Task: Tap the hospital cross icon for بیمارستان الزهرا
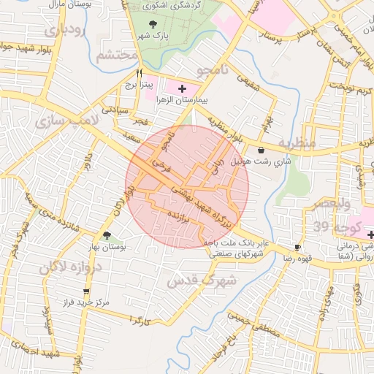click(x=182, y=88)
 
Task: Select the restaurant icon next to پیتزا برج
click(x=139, y=74)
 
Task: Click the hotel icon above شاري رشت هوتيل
click(x=261, y=150)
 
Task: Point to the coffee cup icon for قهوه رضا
click(x=297, y=247)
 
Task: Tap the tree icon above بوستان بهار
click(x=107, y=235)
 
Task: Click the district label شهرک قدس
click(x=202, y=280)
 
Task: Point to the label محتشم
click(x=117, y=55)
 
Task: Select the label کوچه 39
click(x=333, y=226)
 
